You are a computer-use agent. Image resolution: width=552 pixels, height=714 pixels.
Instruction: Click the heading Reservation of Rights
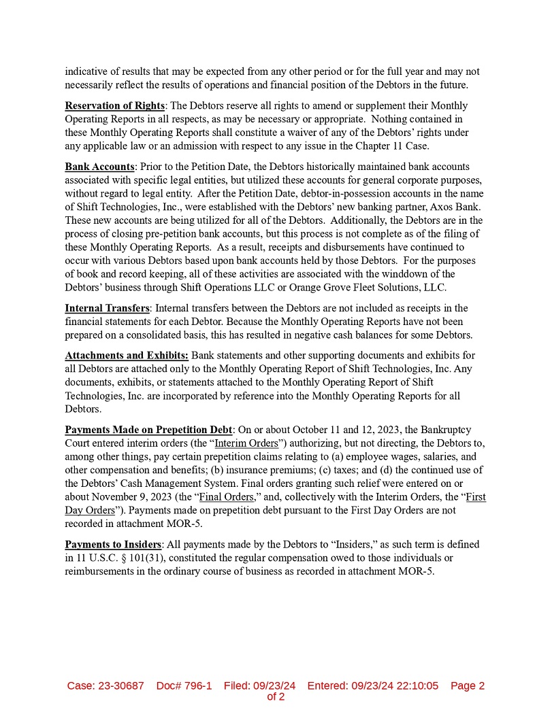tap(114, 105)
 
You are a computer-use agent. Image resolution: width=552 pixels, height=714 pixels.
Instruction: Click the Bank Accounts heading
tap(99, 167)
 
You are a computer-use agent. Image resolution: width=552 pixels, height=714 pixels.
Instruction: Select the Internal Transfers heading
tap(107, 308)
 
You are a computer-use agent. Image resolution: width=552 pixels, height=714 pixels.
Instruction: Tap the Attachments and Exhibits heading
tap(127, 356)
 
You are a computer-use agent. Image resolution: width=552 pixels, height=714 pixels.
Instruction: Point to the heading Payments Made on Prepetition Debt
tap(148, 430)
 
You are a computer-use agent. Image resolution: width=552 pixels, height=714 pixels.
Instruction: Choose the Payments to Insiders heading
tap(113, 545)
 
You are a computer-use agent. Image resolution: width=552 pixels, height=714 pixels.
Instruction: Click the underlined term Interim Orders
tap(246, 443)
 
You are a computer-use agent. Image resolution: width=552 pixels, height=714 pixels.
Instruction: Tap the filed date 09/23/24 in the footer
tap(274, 685)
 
